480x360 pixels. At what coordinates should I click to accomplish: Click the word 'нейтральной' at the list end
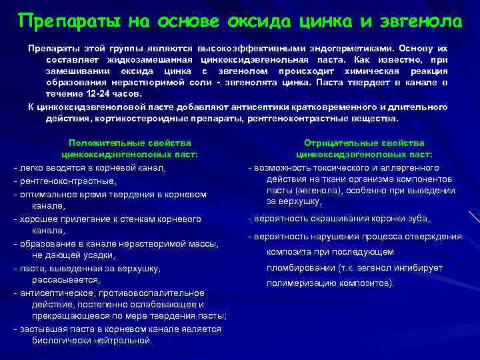pos(124,341)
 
